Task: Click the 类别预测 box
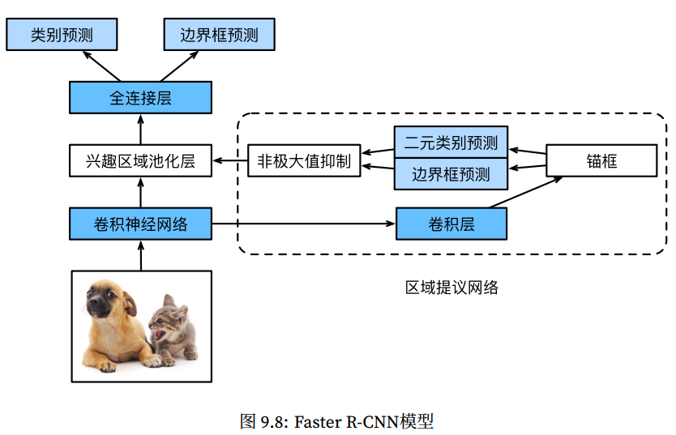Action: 62,35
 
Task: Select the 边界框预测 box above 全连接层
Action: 219,35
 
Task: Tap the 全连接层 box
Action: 140,98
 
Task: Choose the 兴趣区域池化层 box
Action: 140,161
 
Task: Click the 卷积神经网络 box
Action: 140,224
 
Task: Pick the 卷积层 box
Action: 451,224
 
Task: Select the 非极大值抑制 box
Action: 304,161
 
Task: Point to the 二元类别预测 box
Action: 451,143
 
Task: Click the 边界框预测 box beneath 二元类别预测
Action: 451,175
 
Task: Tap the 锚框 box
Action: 601,161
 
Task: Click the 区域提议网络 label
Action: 451,287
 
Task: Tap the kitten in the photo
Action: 171,330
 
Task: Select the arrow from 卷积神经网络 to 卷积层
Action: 304,224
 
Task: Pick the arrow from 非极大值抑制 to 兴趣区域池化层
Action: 229,161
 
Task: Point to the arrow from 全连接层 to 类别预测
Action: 99,66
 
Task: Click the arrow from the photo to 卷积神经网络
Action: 140,255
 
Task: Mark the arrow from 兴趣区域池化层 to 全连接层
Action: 140,130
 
